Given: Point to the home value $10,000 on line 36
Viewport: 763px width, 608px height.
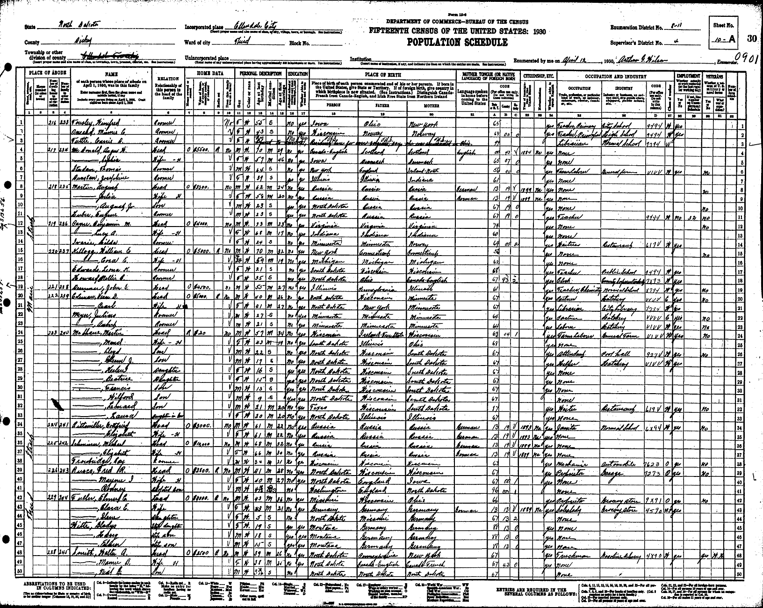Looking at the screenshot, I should pyautogui.click(x=202, y=443).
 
